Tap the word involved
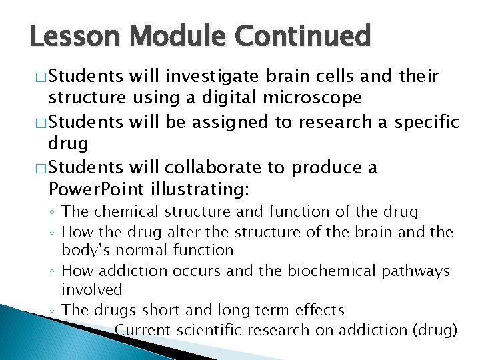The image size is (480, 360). (92, 290)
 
